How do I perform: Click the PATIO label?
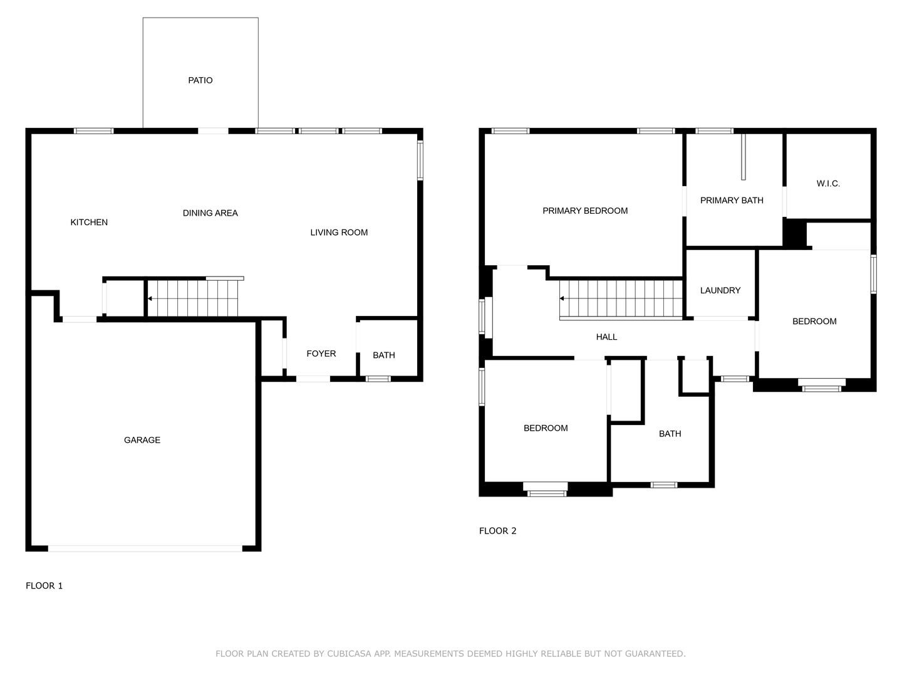pos(200,80)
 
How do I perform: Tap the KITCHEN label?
pos(89,223)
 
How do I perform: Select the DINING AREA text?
pos(210,213)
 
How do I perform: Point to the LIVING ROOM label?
pos(339,233)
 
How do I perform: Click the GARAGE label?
pos(142,440)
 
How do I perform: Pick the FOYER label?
pos(321,354)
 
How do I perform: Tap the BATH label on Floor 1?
pos(383,355)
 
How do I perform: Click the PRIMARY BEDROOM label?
pos(585,211)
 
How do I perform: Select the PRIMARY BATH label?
pos(732,201)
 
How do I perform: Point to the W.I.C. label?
pos(827,184)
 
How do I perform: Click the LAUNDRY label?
pos(720,291)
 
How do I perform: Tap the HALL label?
pos(606,337)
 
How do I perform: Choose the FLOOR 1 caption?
pos(44,585)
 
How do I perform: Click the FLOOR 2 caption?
pos(497,531)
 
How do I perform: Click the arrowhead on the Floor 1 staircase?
pos(150,299)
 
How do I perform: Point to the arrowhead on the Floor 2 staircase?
pos(562,298)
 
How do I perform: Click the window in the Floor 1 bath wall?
pos(378,379)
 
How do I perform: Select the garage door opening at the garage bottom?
pos(145,548)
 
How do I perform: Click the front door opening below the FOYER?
pos(313,379)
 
